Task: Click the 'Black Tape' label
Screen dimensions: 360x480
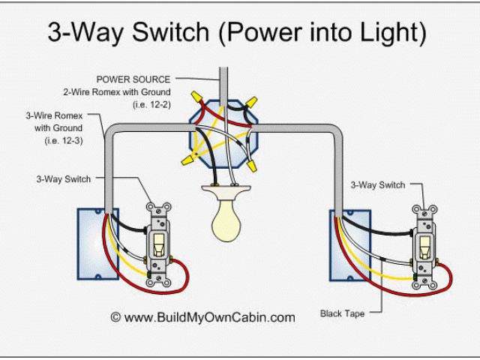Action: [x=343, y=313]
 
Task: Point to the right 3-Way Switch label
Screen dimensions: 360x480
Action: [x=376, y=184]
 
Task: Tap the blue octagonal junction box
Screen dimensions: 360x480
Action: [x=223, y=133]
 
